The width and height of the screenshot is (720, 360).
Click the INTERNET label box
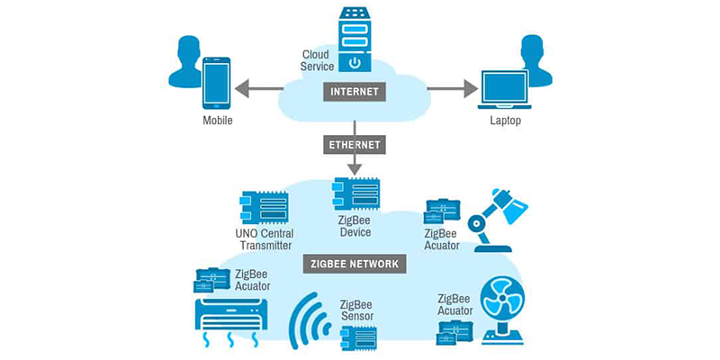click(x=355, y=91)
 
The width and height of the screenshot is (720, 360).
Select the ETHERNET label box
click(x=355, y=144)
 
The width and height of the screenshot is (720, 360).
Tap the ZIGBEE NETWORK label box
click(x=355, y=264)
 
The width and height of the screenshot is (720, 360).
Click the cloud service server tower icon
click(x=355, y=40)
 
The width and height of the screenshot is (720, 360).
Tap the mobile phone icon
click(x=216, y=83)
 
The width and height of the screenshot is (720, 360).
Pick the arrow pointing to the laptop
click(x=451, y=88)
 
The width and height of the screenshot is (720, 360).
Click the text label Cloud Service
click(x=317, y=60)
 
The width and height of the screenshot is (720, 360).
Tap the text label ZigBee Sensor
click(x=356, y=310)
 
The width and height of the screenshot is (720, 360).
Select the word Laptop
click(x=505, y=121)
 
